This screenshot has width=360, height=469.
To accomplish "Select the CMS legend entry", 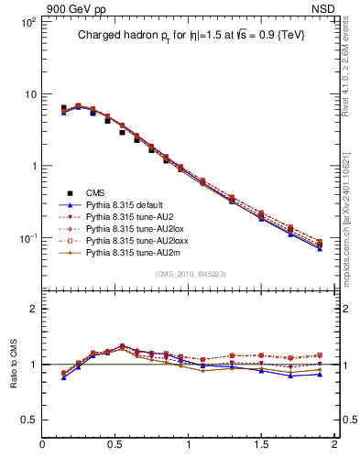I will coord(95,192).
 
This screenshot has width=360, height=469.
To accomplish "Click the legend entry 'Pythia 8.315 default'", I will coord(128,206).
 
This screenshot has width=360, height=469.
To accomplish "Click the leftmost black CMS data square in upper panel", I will coord(63,108).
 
